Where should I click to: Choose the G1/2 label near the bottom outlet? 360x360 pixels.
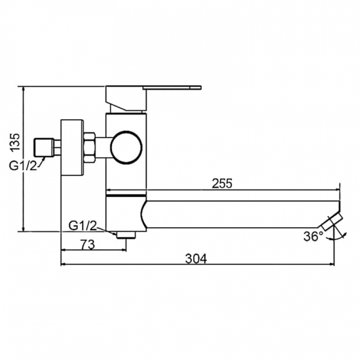point(83,226)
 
